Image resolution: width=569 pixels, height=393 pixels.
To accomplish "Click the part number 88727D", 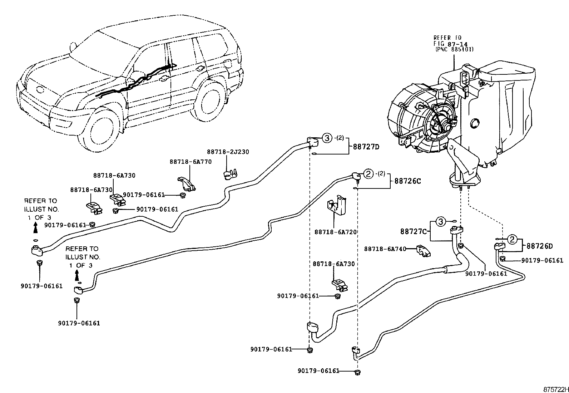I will click(x=366, y=147).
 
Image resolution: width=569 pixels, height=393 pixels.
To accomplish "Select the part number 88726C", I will click(x=408, y=181).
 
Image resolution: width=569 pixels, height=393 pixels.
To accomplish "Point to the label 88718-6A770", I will click(x=191, y=162).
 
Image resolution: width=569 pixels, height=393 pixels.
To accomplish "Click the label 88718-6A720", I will click(x=336, y=232).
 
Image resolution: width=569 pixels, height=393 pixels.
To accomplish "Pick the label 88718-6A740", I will click(x=385, y=249).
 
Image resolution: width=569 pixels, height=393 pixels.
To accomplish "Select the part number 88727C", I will click(x=414, y=231).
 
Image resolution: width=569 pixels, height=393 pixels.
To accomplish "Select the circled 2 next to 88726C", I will click(x=368, y=174).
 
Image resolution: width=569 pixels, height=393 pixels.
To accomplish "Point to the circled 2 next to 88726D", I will click(x=512, y=239).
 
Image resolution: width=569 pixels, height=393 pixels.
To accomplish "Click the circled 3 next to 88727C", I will click(x=441, y=222).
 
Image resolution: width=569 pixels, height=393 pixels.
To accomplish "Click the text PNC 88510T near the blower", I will click(x=454, y=49).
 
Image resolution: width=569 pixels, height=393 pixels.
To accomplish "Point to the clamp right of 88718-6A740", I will click(x=423, y=251).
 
